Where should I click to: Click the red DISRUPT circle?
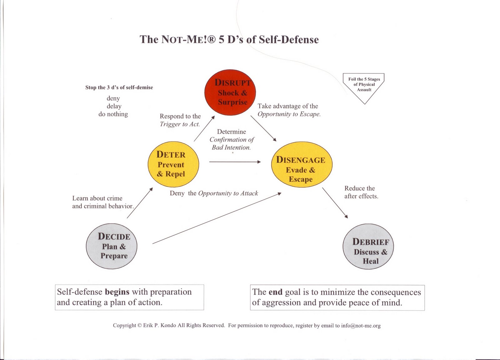coord(230,92)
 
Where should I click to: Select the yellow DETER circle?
coord(173,164)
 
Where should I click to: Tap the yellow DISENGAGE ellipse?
coord(302,165)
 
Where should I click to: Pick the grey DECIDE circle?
coord(112,246)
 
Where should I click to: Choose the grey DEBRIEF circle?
coord(368,246)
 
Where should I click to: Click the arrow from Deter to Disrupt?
coord(204,129)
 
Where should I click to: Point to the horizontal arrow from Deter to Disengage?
coord(234,162)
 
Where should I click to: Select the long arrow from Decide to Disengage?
coord(217,218)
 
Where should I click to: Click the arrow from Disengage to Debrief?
coord(335,203)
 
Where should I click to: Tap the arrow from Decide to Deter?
coord(140,203)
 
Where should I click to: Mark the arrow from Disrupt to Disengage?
coord(263,129)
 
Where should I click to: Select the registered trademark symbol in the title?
coord(212,40)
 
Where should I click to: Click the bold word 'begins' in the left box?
coord(117,292)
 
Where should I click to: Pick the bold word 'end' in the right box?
coord(275,292)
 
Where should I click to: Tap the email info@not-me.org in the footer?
coord(361,326)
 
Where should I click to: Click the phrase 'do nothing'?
coord(113,114)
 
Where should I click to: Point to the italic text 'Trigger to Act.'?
coord(180,124)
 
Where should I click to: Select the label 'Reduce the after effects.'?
coord(361,192)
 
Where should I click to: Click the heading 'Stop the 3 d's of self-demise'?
coord(119,88)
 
